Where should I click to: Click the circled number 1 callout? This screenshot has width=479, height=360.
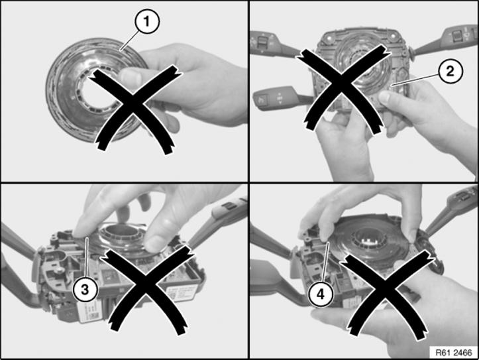146,21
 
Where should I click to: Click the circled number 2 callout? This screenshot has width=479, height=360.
450,71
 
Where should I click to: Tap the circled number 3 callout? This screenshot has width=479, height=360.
85,289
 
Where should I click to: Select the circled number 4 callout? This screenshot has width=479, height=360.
321,294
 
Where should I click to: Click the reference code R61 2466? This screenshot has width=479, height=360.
454,353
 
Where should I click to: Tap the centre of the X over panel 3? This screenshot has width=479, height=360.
148,288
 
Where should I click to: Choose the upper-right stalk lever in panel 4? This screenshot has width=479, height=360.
452,211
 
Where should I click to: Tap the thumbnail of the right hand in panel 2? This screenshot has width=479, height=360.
384,98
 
